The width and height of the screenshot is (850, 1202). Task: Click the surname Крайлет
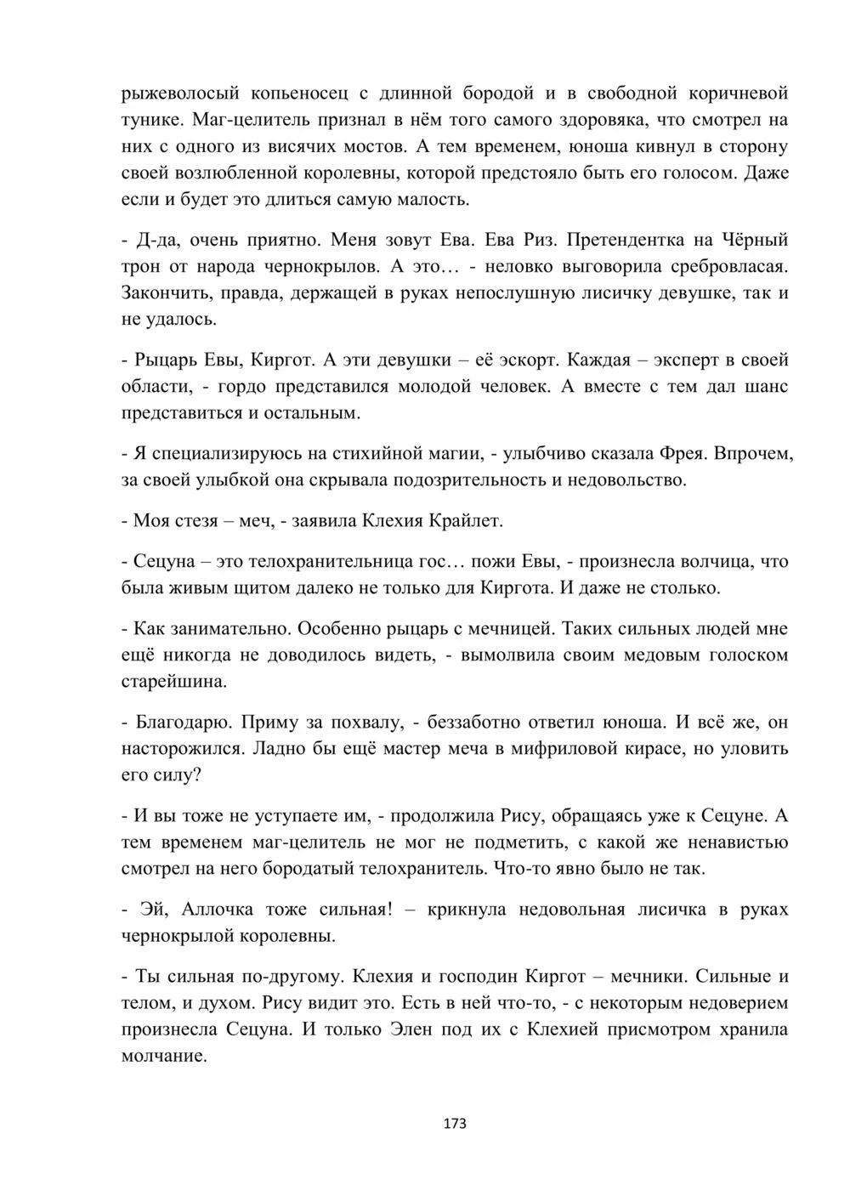pyautogui.click(x=467, y=520)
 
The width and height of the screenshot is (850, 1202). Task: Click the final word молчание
pyautogui.click(x=164, y=1057)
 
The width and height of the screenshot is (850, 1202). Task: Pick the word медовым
pyautogui.click(x=625, y=655)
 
